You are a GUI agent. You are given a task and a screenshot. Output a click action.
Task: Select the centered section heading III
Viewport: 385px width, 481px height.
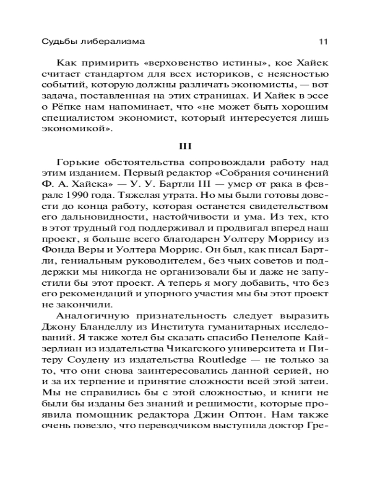coord(192,144)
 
